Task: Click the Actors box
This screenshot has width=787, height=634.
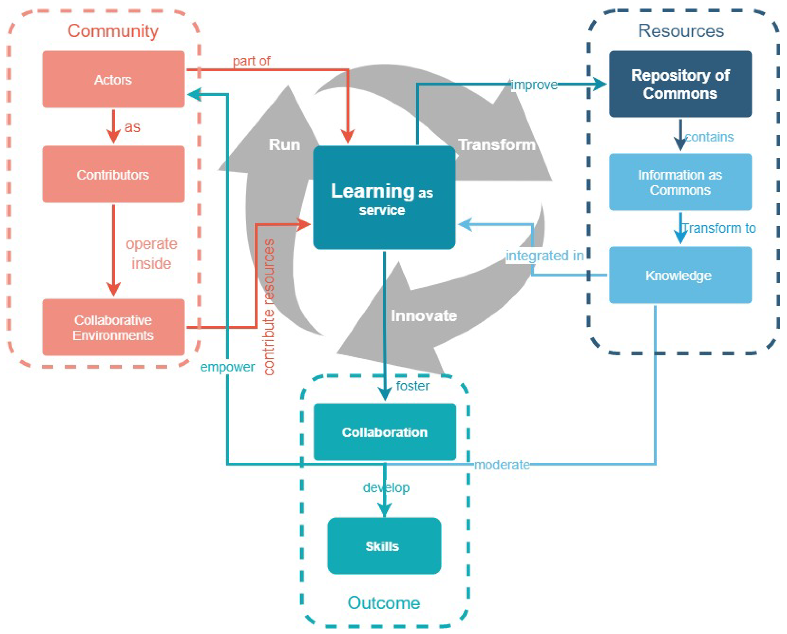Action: (x=113, y=79)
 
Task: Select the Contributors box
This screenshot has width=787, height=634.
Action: (x=113, y=174)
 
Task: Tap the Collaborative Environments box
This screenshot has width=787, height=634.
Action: (x=113, y=328)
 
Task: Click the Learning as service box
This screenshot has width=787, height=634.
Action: (x=384, y=198)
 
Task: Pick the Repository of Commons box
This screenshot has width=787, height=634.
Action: (x=680, y=84)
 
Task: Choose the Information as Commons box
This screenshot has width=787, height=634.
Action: (x=680, y=182)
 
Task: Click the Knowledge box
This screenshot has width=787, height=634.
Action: (x=680, y=275)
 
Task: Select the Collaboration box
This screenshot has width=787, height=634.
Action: (x=385, y=432)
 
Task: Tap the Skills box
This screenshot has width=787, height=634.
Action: (x=384, y=546)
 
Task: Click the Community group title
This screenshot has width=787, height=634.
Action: (x=113, y=31)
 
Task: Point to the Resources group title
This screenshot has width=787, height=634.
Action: (x=681, y=31)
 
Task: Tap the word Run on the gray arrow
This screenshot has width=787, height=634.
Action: (x=284, y=145)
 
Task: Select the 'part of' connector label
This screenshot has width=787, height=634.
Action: (x=251, y=61)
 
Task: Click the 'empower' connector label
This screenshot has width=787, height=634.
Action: (x=227, y=367)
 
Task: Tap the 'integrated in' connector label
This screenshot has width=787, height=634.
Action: (x=544, y=256)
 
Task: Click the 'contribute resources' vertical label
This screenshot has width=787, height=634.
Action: (x=269, y=307)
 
